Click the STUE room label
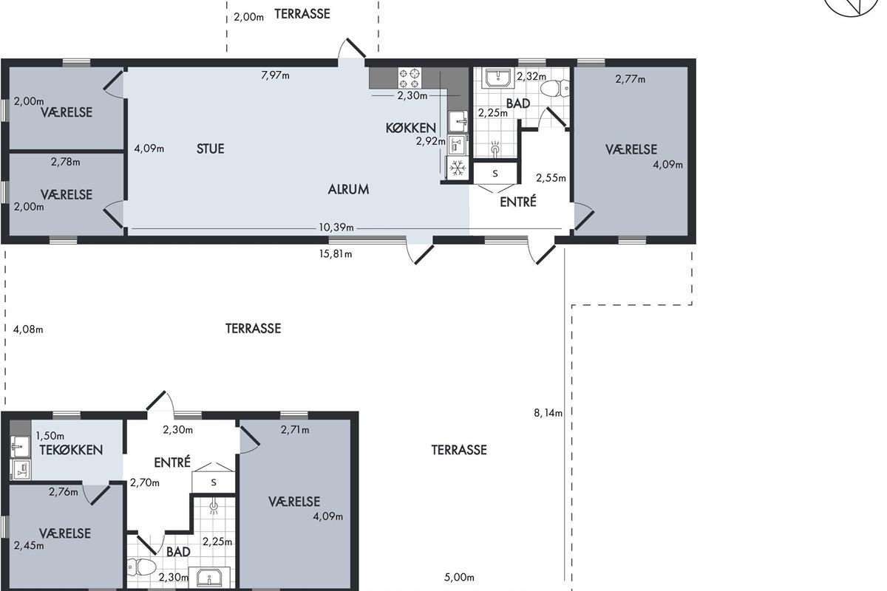click(x=210, y=148)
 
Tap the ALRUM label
click(x=348, y=190)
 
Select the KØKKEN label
click(x=411, y=128)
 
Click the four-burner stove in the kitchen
click(x=409, y=78)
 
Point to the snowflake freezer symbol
click(x=458, y=168)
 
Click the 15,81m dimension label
click(x=336, y=253)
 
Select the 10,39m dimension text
click(x=336, y=228)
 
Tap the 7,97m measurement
click(x=275, y=75)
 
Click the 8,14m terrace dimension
click(x=548, y=413)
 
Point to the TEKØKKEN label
click(x=71, y=450)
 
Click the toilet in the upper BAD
click(x=555, y=89)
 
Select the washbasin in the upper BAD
click(x=498, y=78)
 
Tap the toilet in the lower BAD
click(x=141, y=567)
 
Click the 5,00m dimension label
click(x=459, y=577)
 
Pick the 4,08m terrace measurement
click(x=28, y=329)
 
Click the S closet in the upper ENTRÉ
click(x=495, y=174)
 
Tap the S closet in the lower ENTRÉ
click(x=214, y=482)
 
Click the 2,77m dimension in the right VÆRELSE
click(x=631, y=79)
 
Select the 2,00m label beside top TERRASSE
click(x=248, y=18)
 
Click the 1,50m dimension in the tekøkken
click(x=50, y=436)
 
